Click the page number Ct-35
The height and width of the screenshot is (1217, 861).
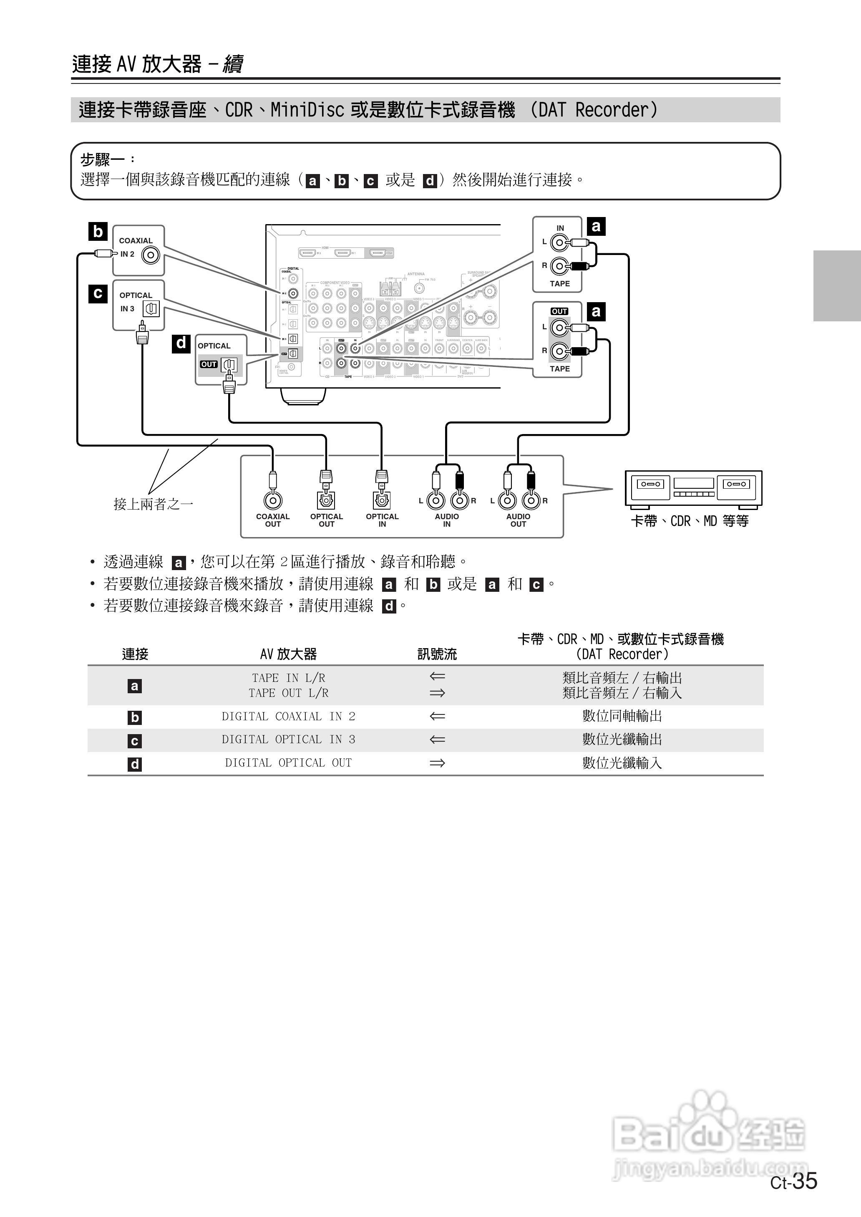click(794, 1182)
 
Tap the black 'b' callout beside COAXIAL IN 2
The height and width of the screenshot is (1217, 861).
click(98, 232)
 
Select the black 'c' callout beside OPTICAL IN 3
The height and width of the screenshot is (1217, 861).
click(98, 293)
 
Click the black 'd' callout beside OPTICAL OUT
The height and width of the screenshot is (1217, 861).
click(181, 343)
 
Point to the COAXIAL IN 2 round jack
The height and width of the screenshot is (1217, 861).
click(151, 255)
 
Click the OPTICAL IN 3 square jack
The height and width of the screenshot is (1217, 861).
click(151, 308)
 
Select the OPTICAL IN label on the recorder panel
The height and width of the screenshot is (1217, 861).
click(382, 520)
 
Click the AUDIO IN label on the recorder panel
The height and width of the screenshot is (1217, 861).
click(446, 520)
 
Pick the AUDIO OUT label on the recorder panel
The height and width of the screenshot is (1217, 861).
click(518, 520)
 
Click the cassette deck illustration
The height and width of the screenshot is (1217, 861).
click(693, 487)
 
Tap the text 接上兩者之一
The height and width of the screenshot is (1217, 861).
click(153, 504)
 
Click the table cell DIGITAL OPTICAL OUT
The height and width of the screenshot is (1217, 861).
click(288, 763)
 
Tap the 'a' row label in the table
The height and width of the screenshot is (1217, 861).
click(135, 686)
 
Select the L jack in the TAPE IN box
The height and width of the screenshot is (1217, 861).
click(559, 243)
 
